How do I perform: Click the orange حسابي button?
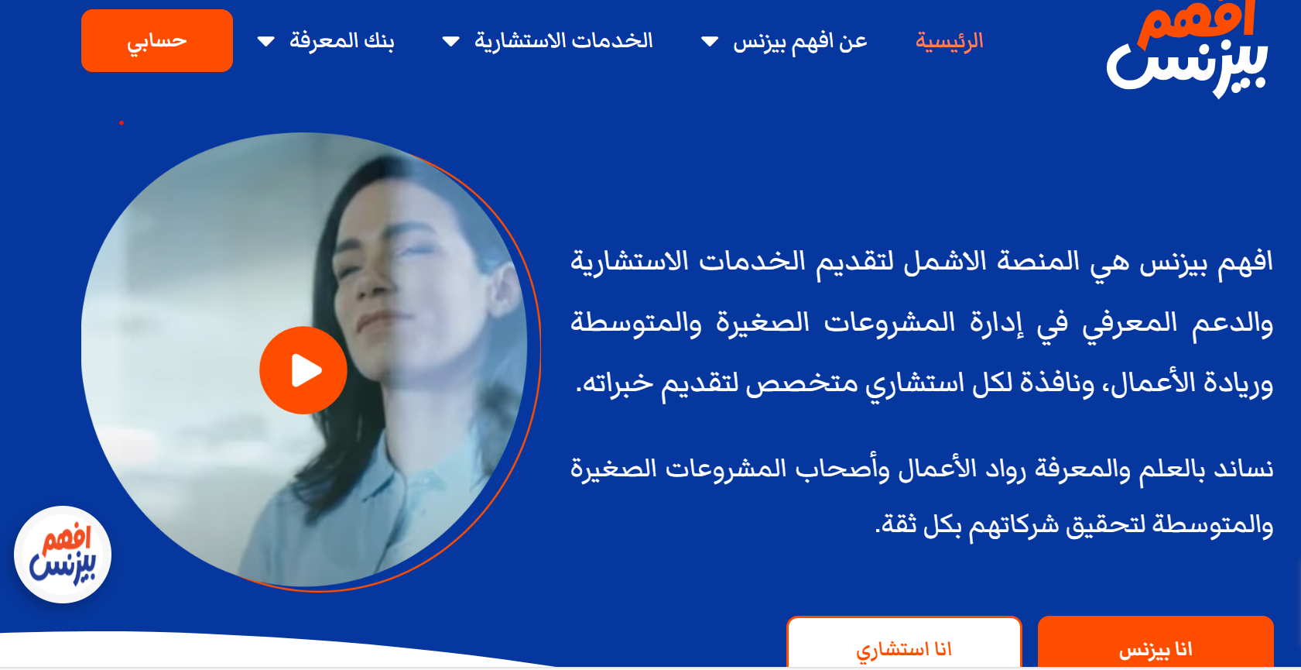pyautogui.click(x=157, y=41)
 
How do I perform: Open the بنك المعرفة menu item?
pyautogui.click(x=341, y=41)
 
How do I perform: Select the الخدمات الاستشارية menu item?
pyautogui.click(x=563, y=41)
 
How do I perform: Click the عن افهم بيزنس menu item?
pyautogui.click(x=799, y=41)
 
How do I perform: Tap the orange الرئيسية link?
pyautogui.click(x=949, y=41)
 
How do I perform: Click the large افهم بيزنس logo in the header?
pyautogui.click(x=1187, y=49)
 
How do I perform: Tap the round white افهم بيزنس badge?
pyautogui.click(x=63, y=555)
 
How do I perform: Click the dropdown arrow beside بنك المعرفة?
pyautogui.click(x=266, y=41)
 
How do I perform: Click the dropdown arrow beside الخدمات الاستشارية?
pyautogui.click(x=450, y=41)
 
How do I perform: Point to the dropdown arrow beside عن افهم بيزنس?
pyautogui.click(x=710, y=41)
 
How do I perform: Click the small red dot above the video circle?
pyautogui.click(x=122, y=123)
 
